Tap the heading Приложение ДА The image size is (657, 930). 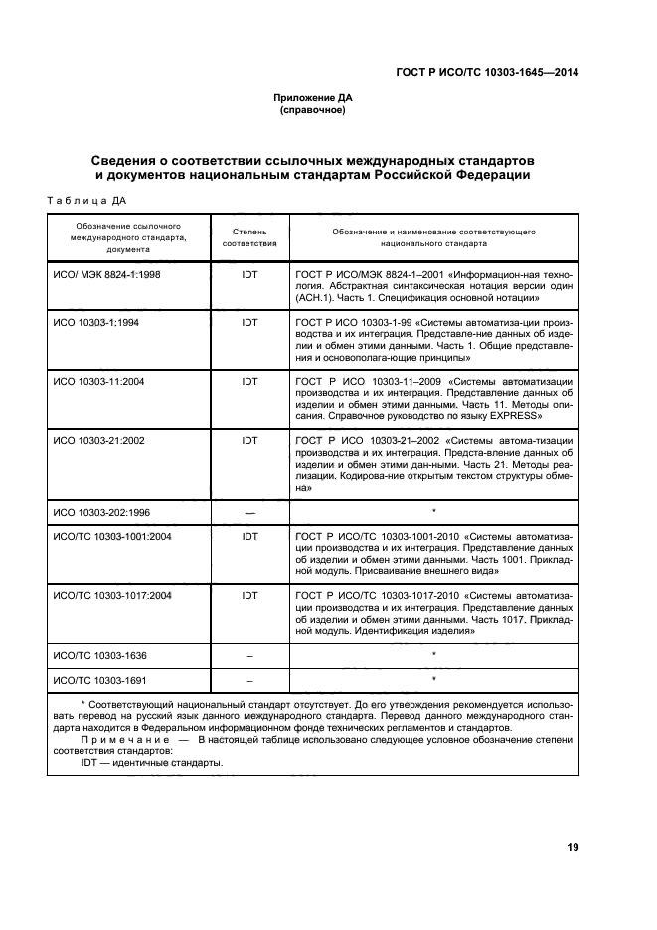[x=313, y=98]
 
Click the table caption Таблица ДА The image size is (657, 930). [x=86, y=200]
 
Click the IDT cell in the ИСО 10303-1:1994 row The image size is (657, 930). [x=249, y=323]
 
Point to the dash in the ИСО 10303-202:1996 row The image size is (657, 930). [x=249, y=511]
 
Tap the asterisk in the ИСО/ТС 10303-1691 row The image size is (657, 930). [x=434, y=680]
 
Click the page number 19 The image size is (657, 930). [x=573, y=847]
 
